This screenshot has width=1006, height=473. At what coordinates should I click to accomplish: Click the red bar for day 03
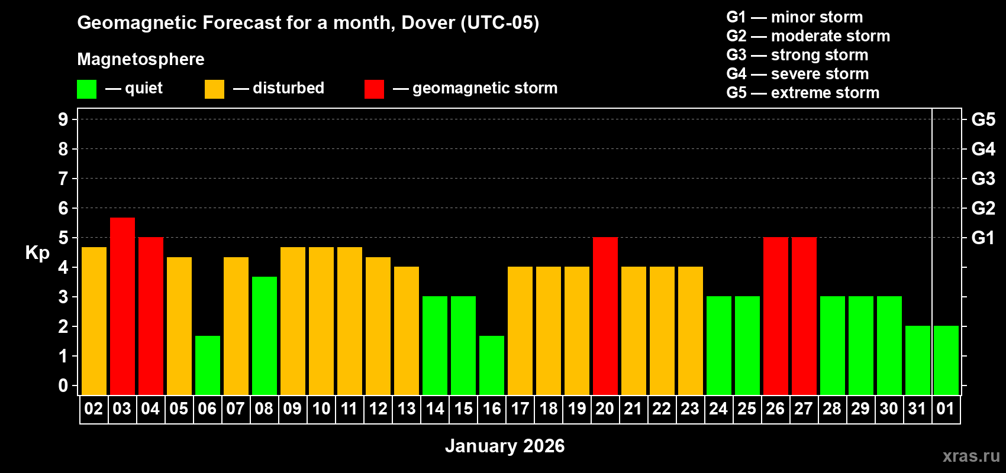(122, 306)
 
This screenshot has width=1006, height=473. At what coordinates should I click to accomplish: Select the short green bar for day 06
(208, 365)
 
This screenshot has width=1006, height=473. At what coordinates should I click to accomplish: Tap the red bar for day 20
(605, 316)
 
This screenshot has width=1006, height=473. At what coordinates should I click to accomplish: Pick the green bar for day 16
(492, 365)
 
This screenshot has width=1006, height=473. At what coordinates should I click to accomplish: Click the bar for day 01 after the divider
(946, 360)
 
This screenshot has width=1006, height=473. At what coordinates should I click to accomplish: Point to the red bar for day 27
(804, 316)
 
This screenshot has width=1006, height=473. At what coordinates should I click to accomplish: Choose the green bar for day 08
(265, 335)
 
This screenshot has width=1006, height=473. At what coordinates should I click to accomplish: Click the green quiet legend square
(87, 89)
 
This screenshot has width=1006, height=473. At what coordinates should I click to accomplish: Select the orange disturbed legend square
(214, 89)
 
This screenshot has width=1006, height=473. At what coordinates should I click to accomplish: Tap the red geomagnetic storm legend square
(374, 89)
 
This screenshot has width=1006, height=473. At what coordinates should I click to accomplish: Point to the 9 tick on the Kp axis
(63, 119)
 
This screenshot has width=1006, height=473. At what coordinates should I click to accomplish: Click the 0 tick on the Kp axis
(63, 386)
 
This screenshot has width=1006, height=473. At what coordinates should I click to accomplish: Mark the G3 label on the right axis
(983, 179)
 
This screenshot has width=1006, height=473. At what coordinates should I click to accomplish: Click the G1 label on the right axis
(983, 238)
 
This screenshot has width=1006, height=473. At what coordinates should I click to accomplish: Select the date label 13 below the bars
(407, 409)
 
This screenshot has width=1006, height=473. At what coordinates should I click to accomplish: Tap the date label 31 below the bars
(917, 409)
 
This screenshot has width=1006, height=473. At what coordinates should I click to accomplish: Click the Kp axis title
(37, 252)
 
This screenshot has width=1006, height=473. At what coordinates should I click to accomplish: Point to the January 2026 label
(505, 446)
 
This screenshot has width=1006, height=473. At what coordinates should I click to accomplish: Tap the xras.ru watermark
(971, 455)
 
